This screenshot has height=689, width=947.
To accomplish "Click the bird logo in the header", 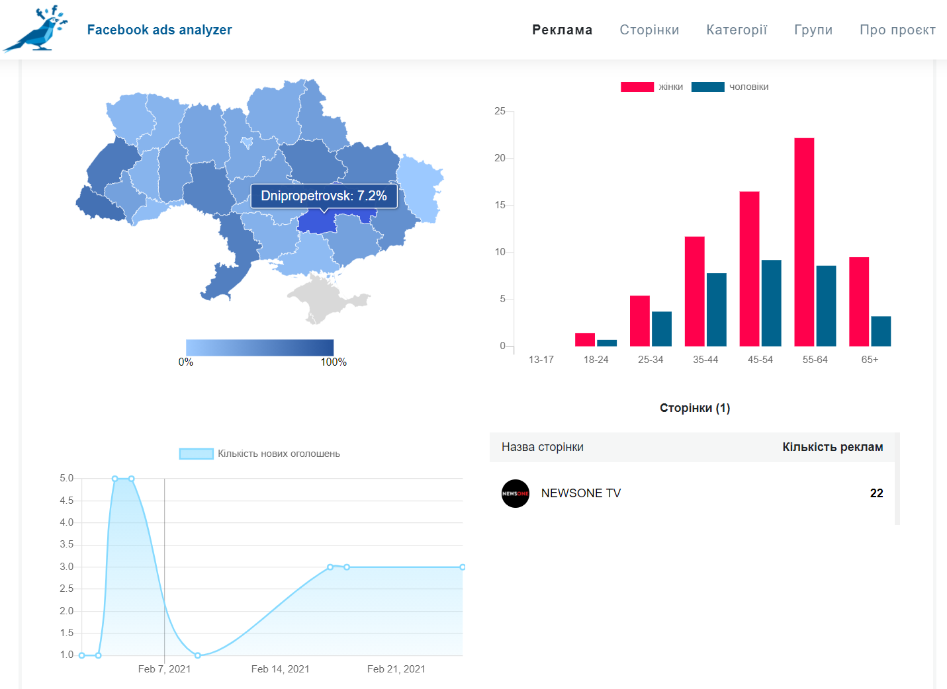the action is click(x=36, y=28).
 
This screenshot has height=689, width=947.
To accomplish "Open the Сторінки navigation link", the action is click(x=649, y=30).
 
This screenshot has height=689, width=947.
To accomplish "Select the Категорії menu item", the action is click(x=737, y=30).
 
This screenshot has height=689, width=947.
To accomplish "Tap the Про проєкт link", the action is click(x=897, y=30).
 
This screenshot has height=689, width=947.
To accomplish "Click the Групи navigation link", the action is click(x=813, y=30).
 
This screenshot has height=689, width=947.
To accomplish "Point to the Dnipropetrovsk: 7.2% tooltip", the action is click(x=324, y=196).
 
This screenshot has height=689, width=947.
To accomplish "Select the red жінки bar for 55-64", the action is click(x=804, y=242).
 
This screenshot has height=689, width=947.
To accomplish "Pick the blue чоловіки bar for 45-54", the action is click(x=771, y=304).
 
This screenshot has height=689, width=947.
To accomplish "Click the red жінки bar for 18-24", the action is click(x=585, y=340).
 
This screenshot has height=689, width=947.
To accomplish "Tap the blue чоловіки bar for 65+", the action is click(x=881, y=331).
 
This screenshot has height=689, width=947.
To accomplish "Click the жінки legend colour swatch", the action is click(x=637, y=87).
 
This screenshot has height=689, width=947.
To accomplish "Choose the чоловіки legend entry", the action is click(x=730, y=87).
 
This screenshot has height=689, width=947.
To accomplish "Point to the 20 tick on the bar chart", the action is click(x=500, y=158).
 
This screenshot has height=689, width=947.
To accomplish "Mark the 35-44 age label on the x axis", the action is click(x=705, y=360).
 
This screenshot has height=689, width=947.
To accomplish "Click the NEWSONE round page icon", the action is click(x=516, y=493).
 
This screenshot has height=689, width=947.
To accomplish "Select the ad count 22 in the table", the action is click(x=876, y=493).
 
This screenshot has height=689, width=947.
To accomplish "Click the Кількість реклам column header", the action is click(x=833, y=447).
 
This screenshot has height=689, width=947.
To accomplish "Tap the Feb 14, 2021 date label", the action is click(x=281, y=669).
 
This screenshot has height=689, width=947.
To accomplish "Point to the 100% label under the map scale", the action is click(x=334, y=362).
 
